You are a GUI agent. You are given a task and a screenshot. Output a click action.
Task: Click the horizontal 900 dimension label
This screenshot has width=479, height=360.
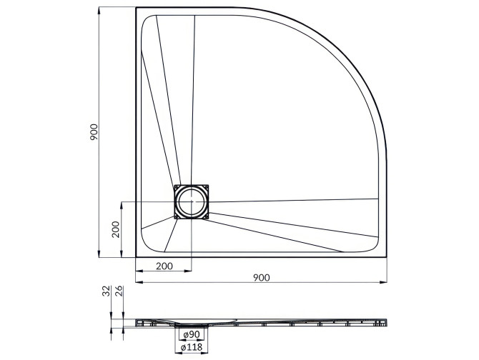point(262,278)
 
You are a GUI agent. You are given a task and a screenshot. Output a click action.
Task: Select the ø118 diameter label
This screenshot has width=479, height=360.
point(191,348)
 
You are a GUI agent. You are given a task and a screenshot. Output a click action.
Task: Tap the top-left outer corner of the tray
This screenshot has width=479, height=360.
point(136,9)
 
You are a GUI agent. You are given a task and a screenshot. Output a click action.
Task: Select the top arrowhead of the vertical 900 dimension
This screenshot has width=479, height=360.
point(99,10)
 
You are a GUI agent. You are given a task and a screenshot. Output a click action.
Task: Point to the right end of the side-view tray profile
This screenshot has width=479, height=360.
point(388,321)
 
